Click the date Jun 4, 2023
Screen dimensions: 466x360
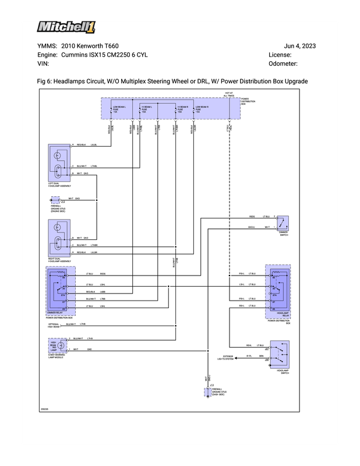coord(299,46)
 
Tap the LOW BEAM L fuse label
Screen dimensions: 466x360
coord(119,109)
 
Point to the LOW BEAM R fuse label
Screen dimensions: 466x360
coord(203,109)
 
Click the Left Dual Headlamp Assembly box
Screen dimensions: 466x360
coord(59,164)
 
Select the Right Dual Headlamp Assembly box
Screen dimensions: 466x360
coord(59,239)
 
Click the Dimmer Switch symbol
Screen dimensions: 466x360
coord(282,223)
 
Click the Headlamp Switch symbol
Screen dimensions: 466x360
coord(282,352)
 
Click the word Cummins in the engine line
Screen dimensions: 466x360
coord(77,55)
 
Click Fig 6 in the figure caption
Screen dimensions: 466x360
coord(43,80)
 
